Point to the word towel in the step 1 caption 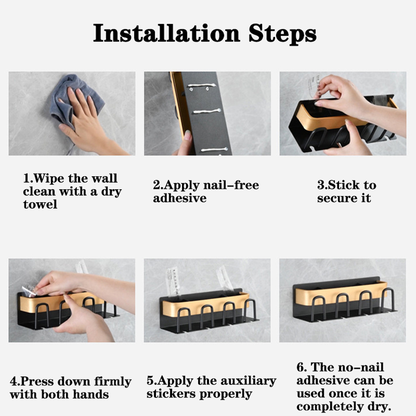click(40, 204)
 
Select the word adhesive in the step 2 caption click(180, 198)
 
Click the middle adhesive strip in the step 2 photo click(207, 111)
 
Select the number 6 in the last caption click(300, 368)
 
